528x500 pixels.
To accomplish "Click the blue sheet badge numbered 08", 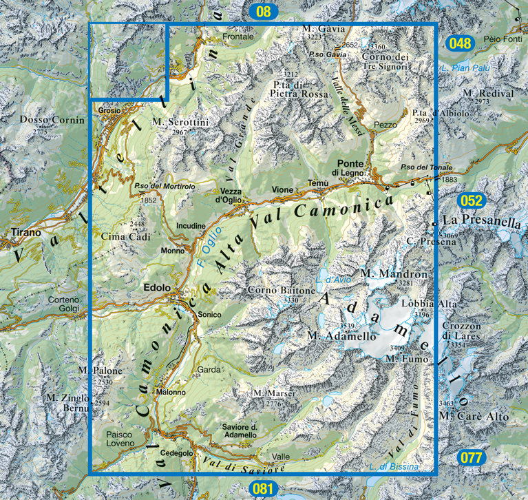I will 263,10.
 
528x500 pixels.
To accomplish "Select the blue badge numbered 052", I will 472,201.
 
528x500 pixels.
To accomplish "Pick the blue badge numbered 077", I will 473,457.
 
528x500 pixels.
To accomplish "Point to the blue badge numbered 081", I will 263,489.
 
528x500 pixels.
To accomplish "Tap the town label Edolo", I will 156,290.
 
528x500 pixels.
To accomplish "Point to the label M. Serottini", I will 180,122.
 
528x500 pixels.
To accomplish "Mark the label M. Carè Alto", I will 474,417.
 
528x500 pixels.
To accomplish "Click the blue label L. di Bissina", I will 393,467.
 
